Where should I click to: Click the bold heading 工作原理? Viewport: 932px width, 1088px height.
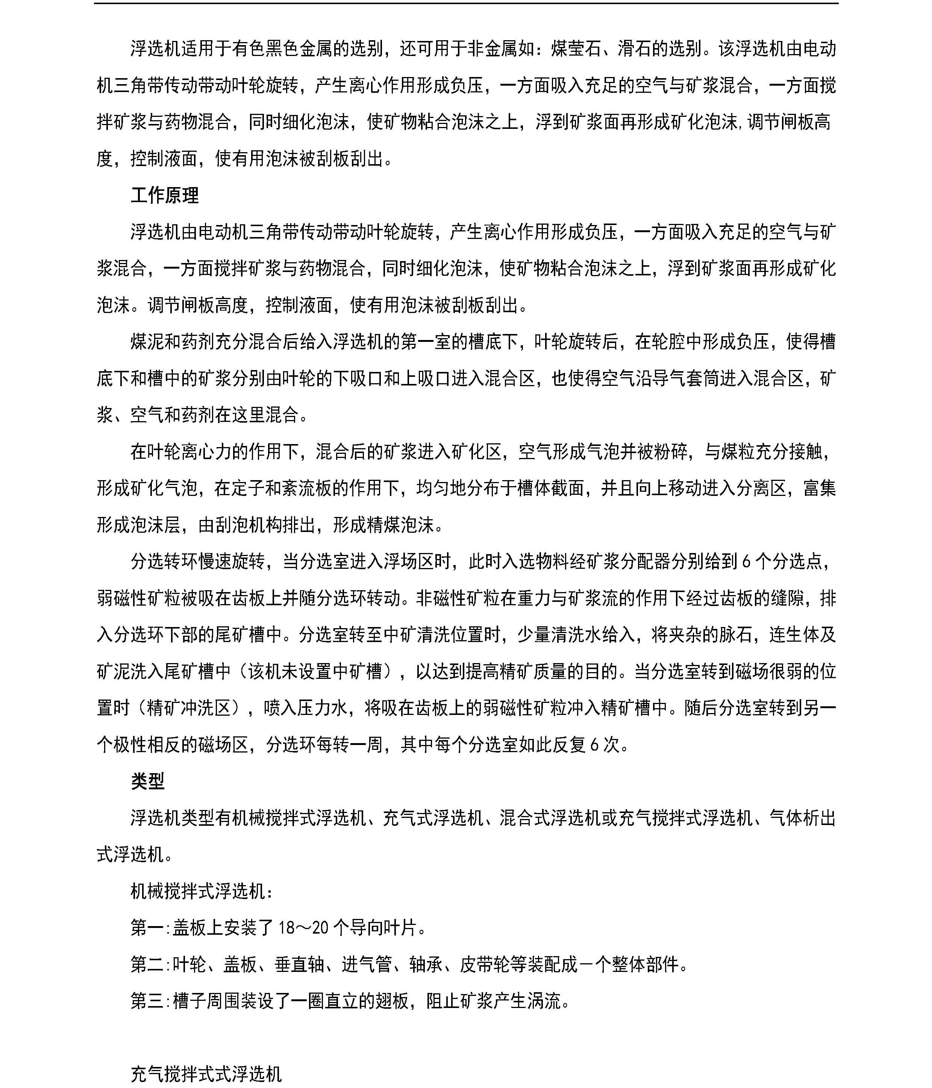164,195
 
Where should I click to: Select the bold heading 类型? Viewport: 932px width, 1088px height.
148,781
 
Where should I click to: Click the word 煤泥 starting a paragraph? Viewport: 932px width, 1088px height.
148,342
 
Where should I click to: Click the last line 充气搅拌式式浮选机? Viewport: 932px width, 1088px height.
206,1074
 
